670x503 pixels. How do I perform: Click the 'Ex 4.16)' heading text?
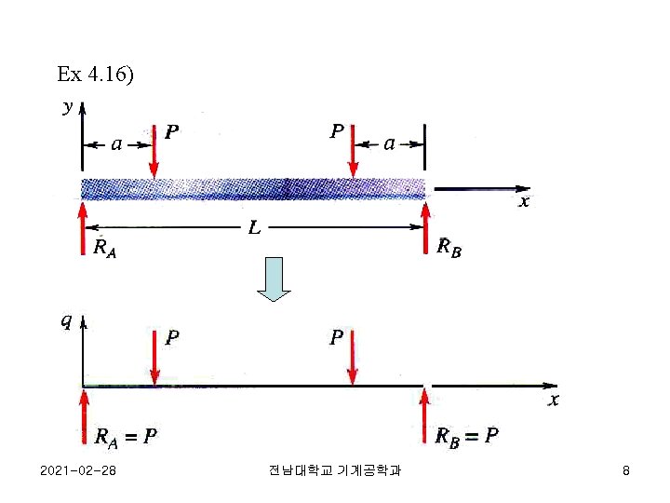pos(95,74)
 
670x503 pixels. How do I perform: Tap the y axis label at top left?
pos(67,106)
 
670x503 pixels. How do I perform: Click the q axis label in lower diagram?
pos(66,322)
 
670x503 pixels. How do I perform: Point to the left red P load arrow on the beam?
pos(154,150)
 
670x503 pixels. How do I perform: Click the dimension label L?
pos(253,226)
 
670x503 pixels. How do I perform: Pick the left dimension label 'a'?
pos(117,143)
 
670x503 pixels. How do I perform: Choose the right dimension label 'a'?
pos(389,143)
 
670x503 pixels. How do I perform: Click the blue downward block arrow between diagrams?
pos(274,279)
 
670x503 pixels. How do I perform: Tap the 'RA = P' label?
pos(127,436)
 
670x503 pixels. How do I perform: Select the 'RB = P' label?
pos(468,436)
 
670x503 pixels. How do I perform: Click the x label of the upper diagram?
pos(525,201)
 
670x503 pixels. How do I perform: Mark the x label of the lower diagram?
pos(554,400)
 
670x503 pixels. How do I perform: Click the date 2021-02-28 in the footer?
pos(79,471)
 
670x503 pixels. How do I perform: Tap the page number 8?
pos(626,471)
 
